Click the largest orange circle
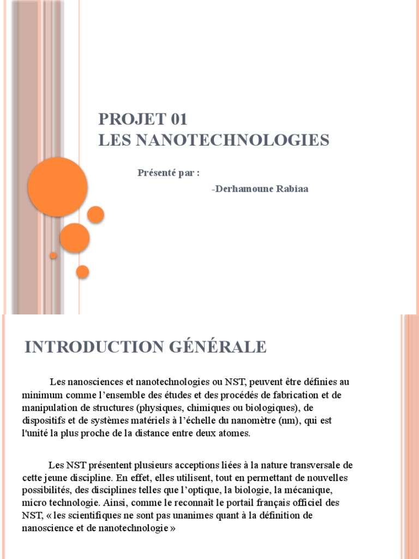[x=58, y=187]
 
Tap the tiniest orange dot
[x=53, y=255]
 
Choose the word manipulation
[x=48, y=408]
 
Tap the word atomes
[x=232, y=434]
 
